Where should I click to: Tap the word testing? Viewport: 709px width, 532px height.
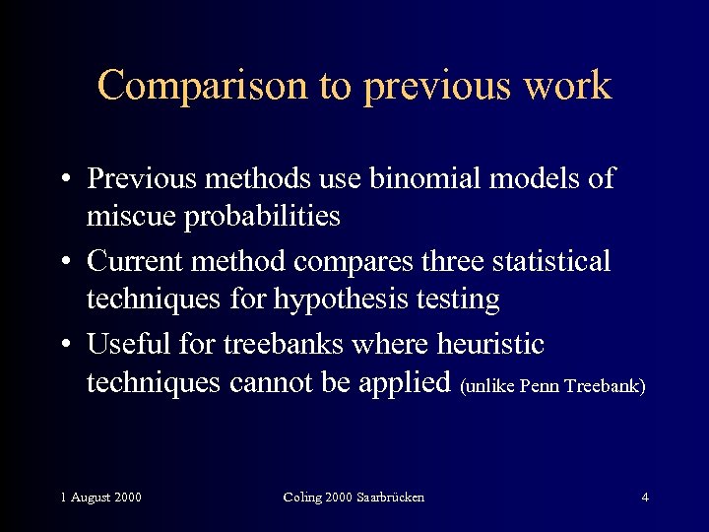pyautogui.click(x=461, y=299)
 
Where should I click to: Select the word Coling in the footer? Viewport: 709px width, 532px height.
pyautogui.click(x=303, y=498)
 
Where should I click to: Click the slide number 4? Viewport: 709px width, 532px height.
pyautogui.click(x=645, y=498)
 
